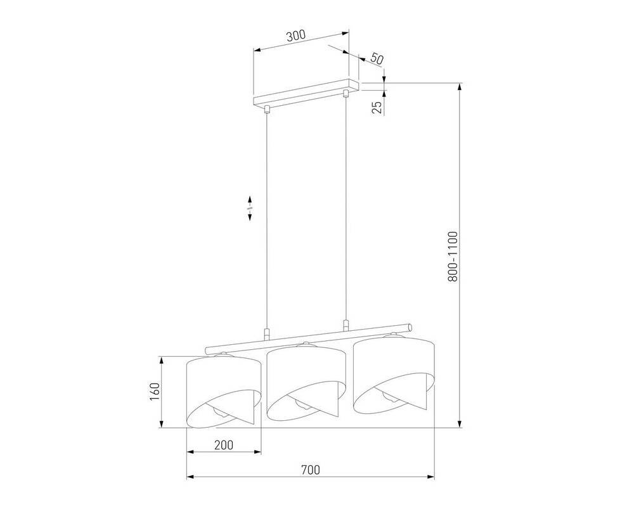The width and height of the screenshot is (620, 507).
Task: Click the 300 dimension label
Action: point(296,36)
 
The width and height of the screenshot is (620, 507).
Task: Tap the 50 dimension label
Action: point(377,60)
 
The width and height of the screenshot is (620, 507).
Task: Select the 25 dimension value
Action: point(378,108)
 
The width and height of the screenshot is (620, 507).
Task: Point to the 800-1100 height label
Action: point(453,257)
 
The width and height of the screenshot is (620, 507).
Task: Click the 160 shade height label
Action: point(154,392)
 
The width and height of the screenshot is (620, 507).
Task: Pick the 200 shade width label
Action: point(223,445)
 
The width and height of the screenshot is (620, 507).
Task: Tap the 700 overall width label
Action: point(310,470)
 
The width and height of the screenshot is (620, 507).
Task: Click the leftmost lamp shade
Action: point(224,391)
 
